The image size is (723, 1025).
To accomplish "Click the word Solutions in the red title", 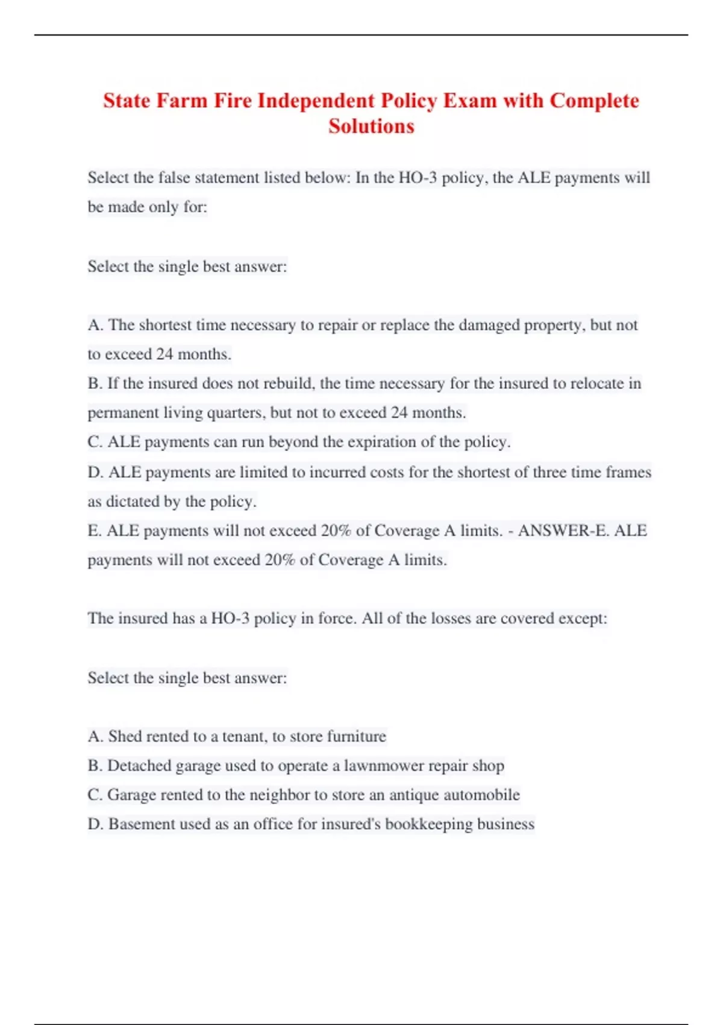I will click(371, 126).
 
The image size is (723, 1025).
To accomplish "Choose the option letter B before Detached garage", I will click(94, 766).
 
